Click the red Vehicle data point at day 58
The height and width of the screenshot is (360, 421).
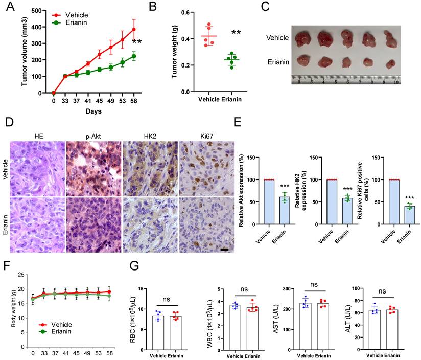pos(134,29)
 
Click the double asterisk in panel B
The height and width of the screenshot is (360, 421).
pos(236,33)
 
